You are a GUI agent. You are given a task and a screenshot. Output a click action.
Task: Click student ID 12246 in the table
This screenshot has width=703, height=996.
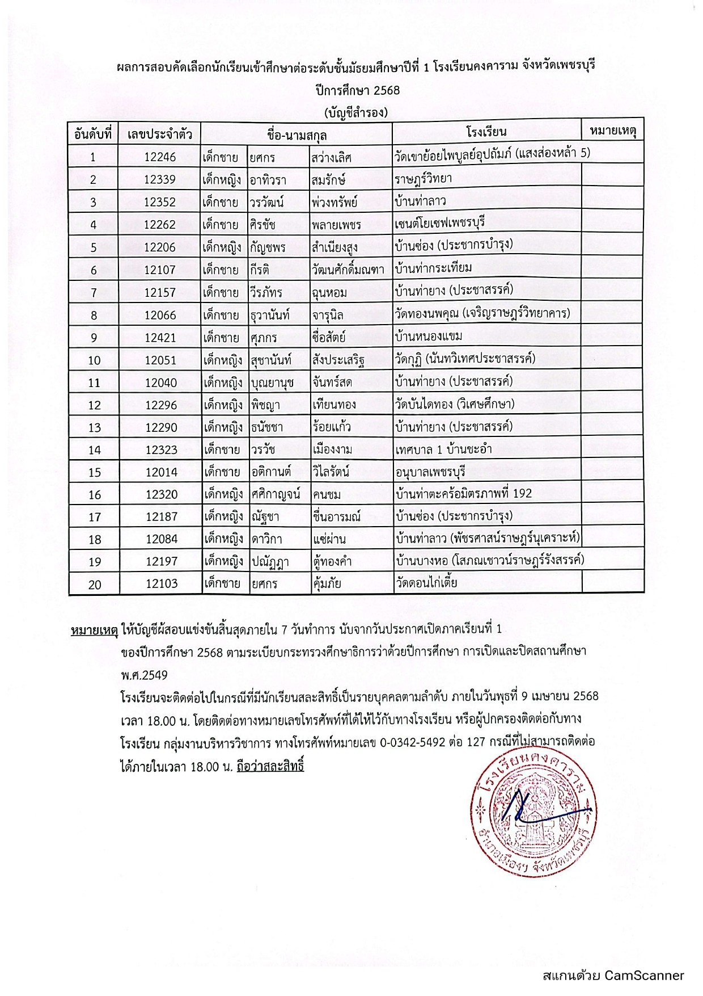click(x=160, y=157)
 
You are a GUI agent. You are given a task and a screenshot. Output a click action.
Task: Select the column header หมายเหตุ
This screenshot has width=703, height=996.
click(x=613, y=131)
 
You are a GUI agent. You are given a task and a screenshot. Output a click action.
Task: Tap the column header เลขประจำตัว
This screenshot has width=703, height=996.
click(x=160, y=135)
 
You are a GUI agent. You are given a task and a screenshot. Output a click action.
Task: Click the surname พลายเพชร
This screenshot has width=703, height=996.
click(x=336, y=225)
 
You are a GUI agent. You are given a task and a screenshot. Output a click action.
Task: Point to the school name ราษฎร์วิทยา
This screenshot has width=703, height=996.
click(x=423, y=179)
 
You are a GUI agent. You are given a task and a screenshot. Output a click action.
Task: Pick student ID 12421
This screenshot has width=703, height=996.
click(x=160, y=338)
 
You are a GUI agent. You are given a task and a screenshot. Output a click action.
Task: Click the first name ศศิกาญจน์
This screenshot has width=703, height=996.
click(x=276, y=494)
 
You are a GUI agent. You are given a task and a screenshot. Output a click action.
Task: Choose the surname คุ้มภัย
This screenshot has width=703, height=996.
click(x=327, y=583)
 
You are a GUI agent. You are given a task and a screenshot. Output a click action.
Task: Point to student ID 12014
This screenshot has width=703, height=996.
click(x=162, y=472)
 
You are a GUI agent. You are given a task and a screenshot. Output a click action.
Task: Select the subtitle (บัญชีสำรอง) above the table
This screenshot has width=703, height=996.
click(x=357, y=112)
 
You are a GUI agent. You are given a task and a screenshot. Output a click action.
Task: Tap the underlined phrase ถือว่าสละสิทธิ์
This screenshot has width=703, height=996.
click(x=270, y=766)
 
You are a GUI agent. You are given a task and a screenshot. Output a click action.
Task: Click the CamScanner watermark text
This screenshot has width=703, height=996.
click(x=613, y=976)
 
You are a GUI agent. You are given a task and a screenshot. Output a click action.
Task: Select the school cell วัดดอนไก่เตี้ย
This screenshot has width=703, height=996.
click(x=426, y=582)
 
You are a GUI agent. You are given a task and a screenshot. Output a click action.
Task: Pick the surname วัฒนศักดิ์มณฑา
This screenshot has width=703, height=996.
click(x=348, y=270)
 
